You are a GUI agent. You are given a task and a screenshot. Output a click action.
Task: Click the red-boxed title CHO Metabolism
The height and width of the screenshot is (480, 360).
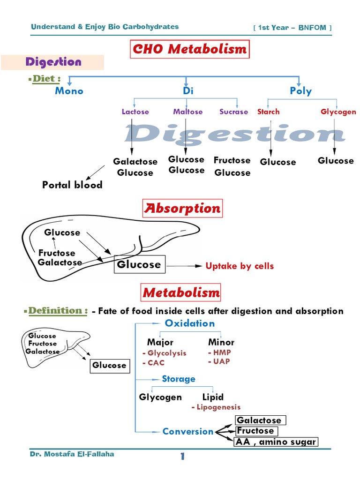pyautogui.click(x=189, y=49)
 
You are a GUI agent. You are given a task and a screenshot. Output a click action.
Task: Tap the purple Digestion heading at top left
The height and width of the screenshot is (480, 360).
pyautogui.click(x=53, y=62)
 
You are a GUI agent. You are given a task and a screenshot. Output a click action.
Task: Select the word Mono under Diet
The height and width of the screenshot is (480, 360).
pyautogui.click(x=69, y=91)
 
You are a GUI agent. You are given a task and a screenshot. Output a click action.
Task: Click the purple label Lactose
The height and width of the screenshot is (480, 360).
pyautogui.click(x=135, y=112)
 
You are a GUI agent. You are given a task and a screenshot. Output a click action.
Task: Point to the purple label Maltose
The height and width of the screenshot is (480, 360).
pyautogui.click(x=187, y=112)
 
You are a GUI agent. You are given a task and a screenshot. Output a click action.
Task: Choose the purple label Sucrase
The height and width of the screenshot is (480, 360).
pyautogui.click(x=234, y=112)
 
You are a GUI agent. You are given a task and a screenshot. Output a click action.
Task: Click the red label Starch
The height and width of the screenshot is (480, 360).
pyautogui.click(x=268, y=112)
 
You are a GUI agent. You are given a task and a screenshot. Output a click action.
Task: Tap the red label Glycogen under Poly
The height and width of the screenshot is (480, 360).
pyautogui.click(x=338, y=112)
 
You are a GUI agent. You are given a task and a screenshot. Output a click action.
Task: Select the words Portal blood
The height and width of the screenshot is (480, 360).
pyautogui.click(x=72, y=185)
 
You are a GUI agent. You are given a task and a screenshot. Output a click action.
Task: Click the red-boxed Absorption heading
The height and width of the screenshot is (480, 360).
pyautogui.click(x=182, y=209)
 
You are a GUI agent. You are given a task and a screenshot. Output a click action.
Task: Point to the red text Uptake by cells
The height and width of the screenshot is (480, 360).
pyautogui.click(x=240, y=266)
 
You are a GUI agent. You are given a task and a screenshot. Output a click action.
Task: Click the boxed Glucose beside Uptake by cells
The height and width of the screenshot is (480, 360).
pyautogui.click(x=139, y=264)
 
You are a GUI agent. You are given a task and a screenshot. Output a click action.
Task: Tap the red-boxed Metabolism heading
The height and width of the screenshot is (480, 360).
pyautogui.click(x=181, y=293)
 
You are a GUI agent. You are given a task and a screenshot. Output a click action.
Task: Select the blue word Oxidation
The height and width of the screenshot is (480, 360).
pyautogui.click(x=189, y=323)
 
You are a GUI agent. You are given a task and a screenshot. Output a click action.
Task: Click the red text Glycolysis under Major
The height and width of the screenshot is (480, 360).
pyautogui.click(x=166, y=353)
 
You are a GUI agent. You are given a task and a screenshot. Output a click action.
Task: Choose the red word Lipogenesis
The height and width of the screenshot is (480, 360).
pyautogui.click(x=218, y=407)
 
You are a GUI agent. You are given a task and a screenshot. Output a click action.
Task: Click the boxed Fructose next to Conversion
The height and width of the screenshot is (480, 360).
pyautogui.click(x=255, y=431)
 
